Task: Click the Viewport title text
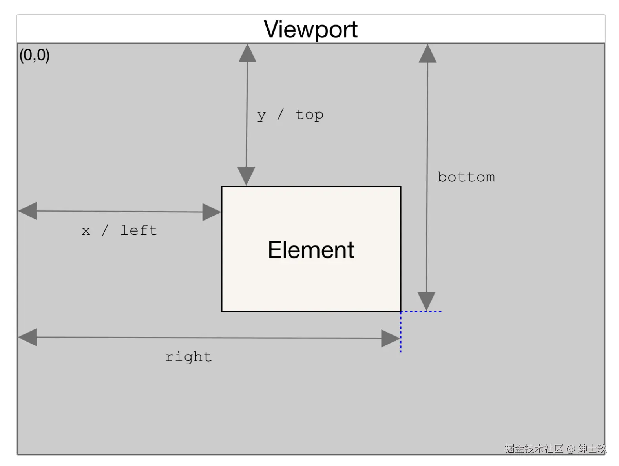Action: point(310,29)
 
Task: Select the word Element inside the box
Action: point(311,250)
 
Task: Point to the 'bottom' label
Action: point(466,177)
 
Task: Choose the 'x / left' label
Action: point(119,230)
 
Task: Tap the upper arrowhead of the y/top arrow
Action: point(247,53)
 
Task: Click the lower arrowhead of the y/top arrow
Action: point(246,176)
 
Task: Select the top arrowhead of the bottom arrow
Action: point(427,53)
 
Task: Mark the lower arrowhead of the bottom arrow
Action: point(426,301)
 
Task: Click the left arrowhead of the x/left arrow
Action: point(27,211)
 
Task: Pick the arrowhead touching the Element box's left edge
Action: point(212,212)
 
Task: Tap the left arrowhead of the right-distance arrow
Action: point(27,337)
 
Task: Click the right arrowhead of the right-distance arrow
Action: point(391,338)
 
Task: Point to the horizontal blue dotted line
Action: point(421,311)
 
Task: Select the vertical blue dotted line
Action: point(401,332)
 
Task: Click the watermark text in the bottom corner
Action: point(555,448)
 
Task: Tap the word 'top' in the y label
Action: point(309,115)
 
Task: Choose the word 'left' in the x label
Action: point(139,230)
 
